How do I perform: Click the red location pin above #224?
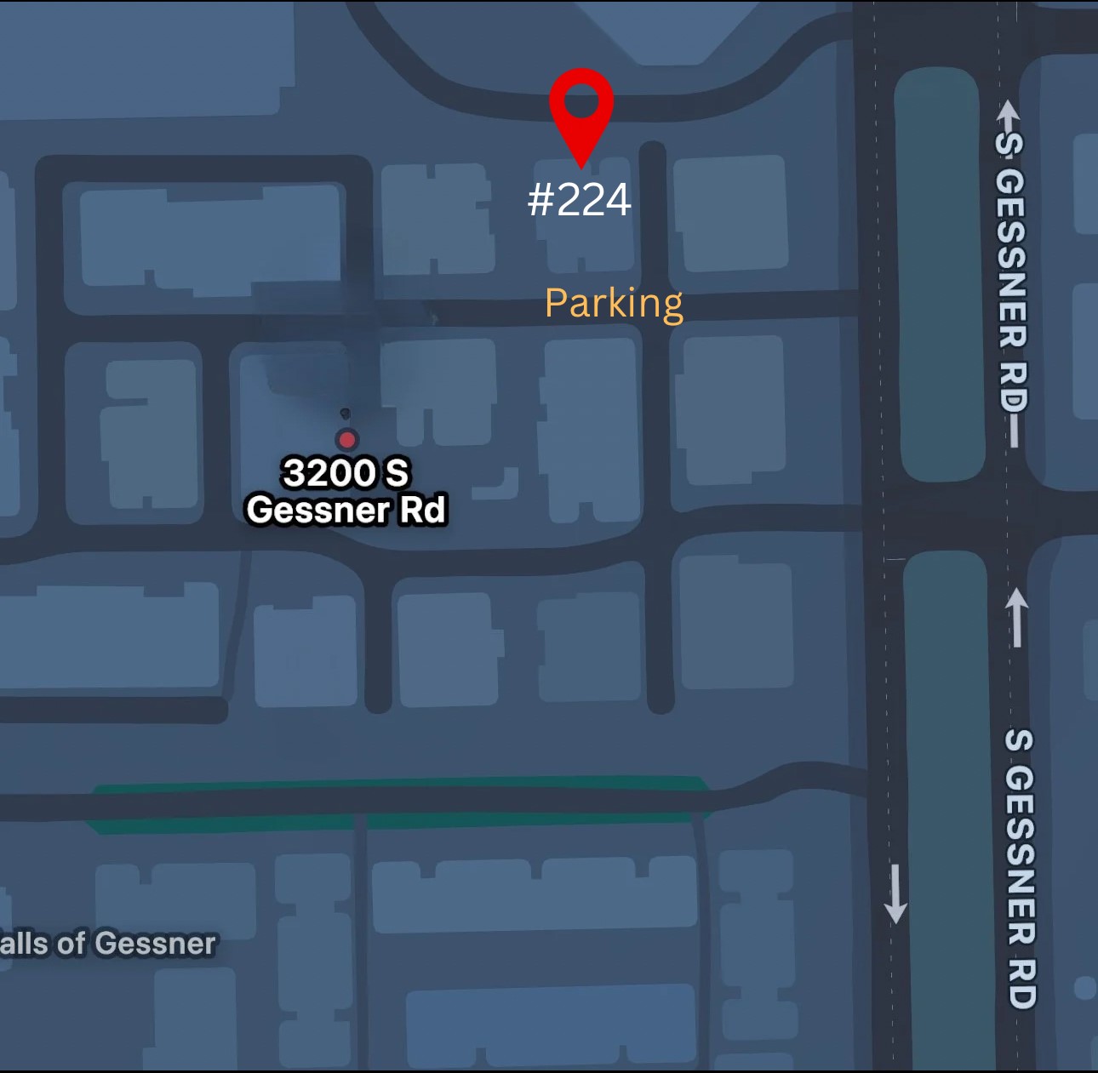tap(581, 111)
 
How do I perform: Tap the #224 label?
tap(579, 201)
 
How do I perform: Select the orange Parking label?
tap(613, 304)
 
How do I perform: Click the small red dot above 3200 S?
tap(346, 439)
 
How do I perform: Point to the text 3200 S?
tap(346, 473)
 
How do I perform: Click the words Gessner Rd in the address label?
tap(346, 511)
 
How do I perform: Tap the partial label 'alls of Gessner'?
tap(108, 944)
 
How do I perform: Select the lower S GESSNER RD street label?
tap(1020, 868)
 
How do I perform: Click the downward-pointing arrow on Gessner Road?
tap(895, 894)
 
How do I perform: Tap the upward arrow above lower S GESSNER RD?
tap(1016, 616)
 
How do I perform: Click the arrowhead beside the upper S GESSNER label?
tap(1009, 115)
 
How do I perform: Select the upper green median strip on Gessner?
tap(938, 272)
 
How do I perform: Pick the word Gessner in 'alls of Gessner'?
tap(155, 944)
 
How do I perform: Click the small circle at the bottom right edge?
tap(1084, 988)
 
